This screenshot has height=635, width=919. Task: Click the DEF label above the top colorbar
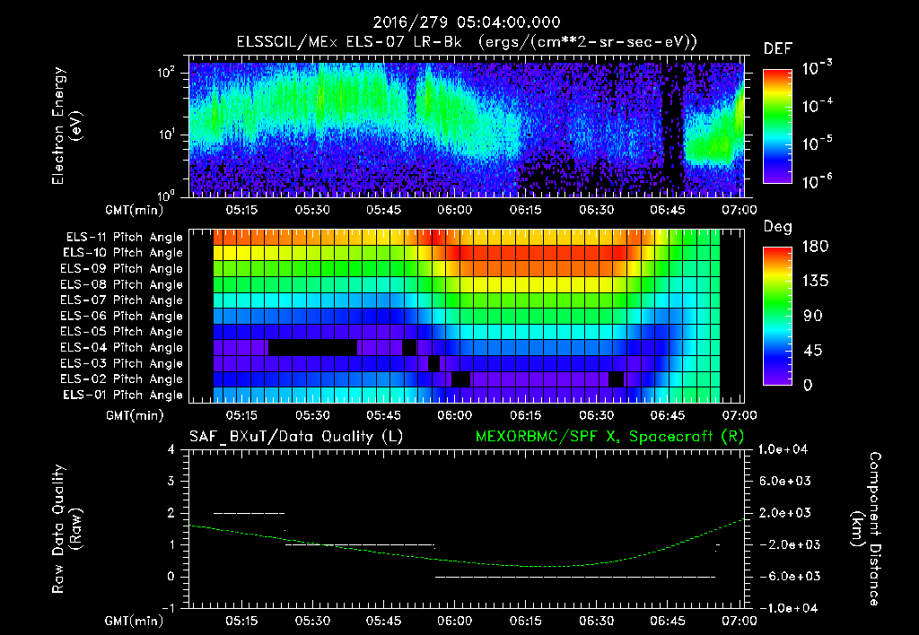click(777, 48)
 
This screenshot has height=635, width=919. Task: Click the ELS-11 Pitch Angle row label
click(124, 237)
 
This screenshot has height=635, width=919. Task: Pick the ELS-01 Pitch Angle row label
click(124, 395)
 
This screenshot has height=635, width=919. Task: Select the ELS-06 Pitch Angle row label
click(124, 316)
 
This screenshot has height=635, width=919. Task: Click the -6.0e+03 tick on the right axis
click(786, 576)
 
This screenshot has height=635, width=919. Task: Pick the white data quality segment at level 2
click(249, 513)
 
